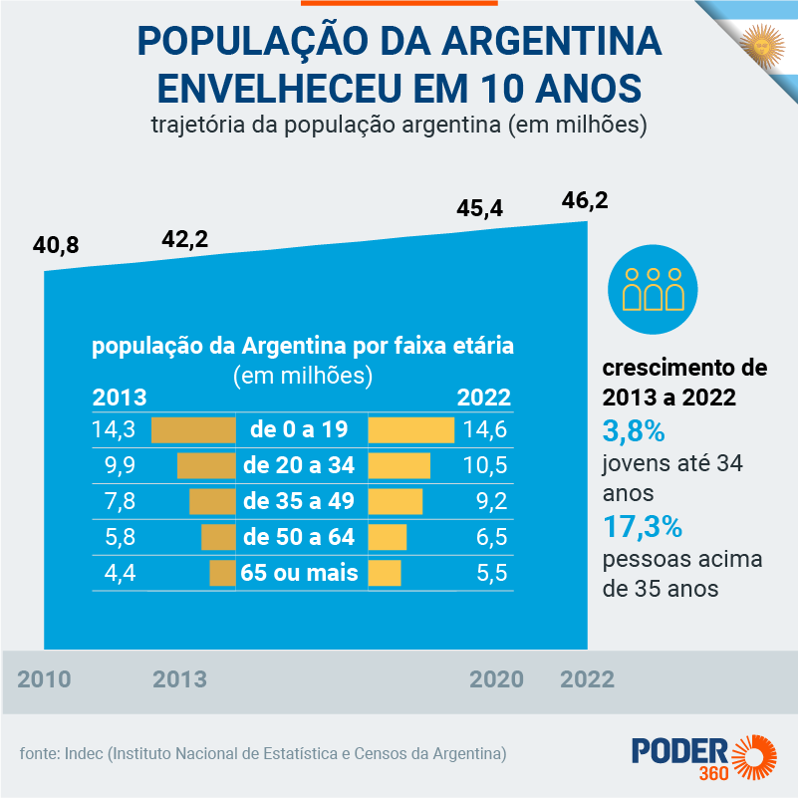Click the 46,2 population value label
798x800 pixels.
pyautogui.click(x=584, y=200)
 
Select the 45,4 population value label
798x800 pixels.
pyautogui.click(x=480, y=209)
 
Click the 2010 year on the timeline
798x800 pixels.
pyautogui.click(x=45, y=680)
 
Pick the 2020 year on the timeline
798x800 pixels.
pyautogui.click(x=496, y=680)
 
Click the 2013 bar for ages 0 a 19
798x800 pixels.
pyautogui.click(x=193, y=430)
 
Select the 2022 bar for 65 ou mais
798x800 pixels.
pyautogui.click(x=385, y=573)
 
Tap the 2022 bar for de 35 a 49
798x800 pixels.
pyautogui.click(x=396, y=501)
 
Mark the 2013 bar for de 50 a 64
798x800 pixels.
pyautogui.click(x=218, y=537)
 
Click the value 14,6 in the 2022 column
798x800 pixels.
pyautogui.click(x=486, y=430)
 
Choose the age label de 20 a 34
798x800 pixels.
pyautogui.click(x=299, y=466)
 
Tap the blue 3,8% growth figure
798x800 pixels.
pyautogui.click(x=634, y=431)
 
